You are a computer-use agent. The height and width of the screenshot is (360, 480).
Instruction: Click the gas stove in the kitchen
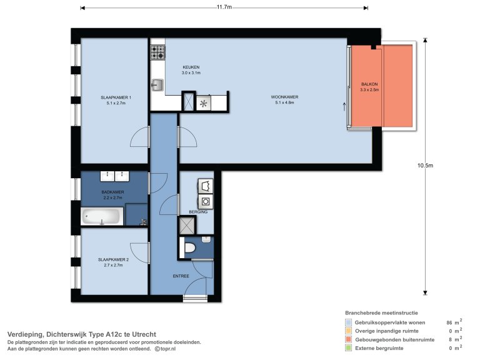(x=157, y=52)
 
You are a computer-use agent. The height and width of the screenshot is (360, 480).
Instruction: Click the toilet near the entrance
(x=189, y=247)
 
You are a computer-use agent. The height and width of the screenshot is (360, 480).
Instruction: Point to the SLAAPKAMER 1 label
(x=116, y=97)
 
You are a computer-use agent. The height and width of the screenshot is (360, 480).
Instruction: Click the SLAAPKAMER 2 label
(x=113, y=259)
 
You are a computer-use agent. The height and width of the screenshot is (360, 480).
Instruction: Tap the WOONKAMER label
(x=284, y=97)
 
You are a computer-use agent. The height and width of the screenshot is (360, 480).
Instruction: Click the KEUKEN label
(x=191, y=67)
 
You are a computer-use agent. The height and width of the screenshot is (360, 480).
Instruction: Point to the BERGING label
(x=198, y=212)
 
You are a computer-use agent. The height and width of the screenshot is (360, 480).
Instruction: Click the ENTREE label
(x=181, y=276)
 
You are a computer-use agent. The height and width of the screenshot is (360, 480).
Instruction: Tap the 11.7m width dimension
(x=224, y=7)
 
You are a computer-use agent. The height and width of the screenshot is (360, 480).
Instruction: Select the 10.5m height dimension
(x=424, y=166)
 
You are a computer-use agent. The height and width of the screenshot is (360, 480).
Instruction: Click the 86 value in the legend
(x=448, y=322)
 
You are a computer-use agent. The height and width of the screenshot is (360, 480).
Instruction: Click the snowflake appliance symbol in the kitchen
(x=203, y=104)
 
